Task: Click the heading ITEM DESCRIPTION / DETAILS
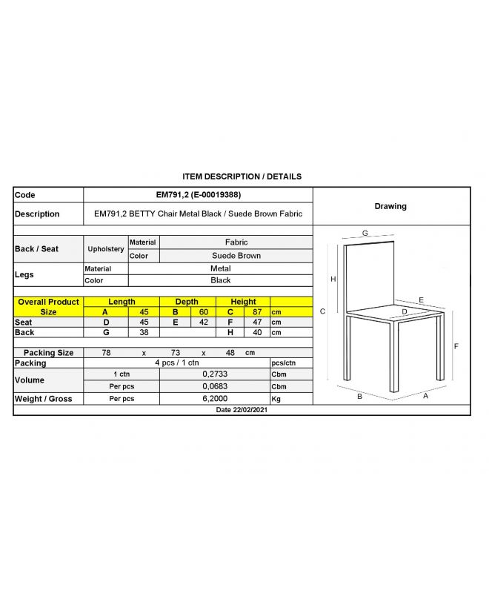[242, 176]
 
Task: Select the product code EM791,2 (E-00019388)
[198, 195]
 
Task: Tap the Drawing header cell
[390, 206]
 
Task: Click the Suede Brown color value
[236, 256]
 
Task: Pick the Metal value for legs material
[220, 268]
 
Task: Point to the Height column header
[243, 302]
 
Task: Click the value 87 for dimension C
[257, 312]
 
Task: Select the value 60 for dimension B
[202, 312]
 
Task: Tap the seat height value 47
[257, 322]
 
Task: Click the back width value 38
[144, 333]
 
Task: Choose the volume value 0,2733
[215, 374]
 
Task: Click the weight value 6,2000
[215, 399]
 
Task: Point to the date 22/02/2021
[242, 410]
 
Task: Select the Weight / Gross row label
[44, 399]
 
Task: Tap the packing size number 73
[176, 353]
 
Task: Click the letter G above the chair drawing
[365, 234]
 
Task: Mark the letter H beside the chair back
[333, 279]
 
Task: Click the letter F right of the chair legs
[456, 346]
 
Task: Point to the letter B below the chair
[359, 397]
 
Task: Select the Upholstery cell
[106, 249]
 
